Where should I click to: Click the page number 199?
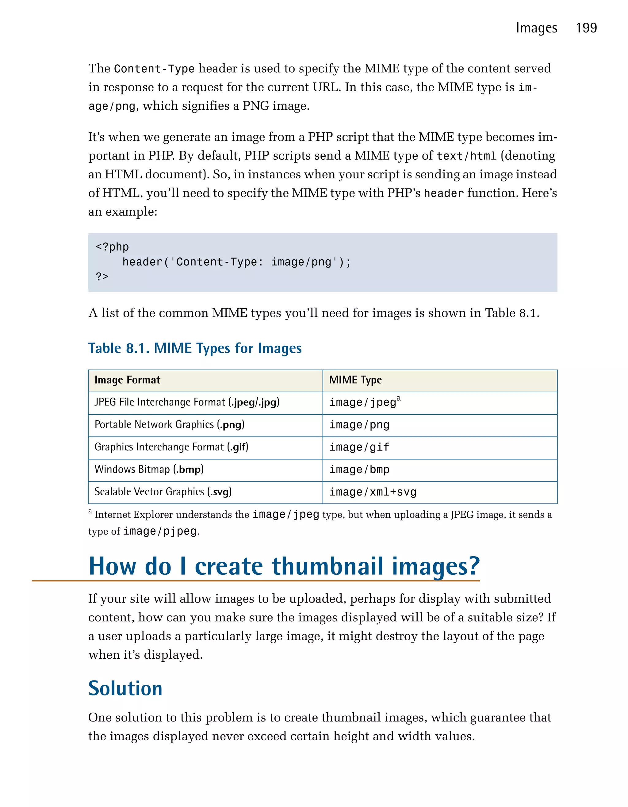tap(586, 28)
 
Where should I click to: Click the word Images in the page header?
tap(536, 28)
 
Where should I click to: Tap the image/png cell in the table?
tap(359, 425)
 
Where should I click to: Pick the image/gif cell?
tap(359, 447)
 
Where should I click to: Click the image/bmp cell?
tap(359, 470)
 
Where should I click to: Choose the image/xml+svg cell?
tap(373, 492)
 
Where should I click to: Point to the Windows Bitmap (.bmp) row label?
tap(149, 469)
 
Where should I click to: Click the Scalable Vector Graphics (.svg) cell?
tap(163, 492)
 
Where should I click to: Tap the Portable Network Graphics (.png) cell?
tap(169, 424)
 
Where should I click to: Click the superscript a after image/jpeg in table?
tap(398, 399)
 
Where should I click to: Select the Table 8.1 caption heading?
tap(195, 348)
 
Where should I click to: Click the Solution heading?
tap(125, 688)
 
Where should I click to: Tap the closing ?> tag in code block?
tap(102, 276)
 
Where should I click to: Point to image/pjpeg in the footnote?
tap(160, 531)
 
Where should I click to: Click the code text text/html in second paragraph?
tap(466, 156)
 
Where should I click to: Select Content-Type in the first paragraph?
tap(154, 69)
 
